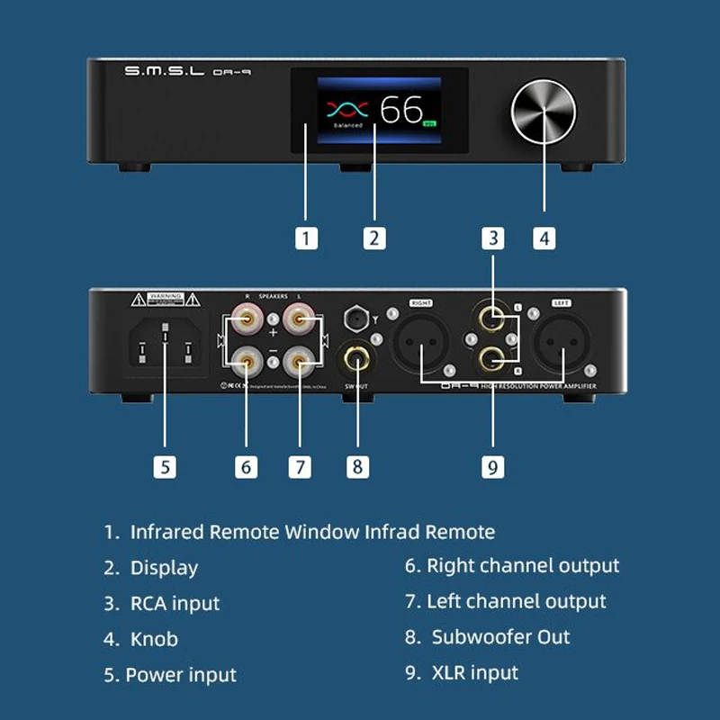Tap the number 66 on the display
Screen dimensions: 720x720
400,110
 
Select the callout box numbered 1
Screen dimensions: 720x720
307,238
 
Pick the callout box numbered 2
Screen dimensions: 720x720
374,238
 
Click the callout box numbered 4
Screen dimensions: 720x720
544,238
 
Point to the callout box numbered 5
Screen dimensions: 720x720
164,466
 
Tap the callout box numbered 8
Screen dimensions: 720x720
357,466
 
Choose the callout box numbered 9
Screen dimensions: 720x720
491,466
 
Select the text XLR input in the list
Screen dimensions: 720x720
475,672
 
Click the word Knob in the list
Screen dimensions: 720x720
154,639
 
